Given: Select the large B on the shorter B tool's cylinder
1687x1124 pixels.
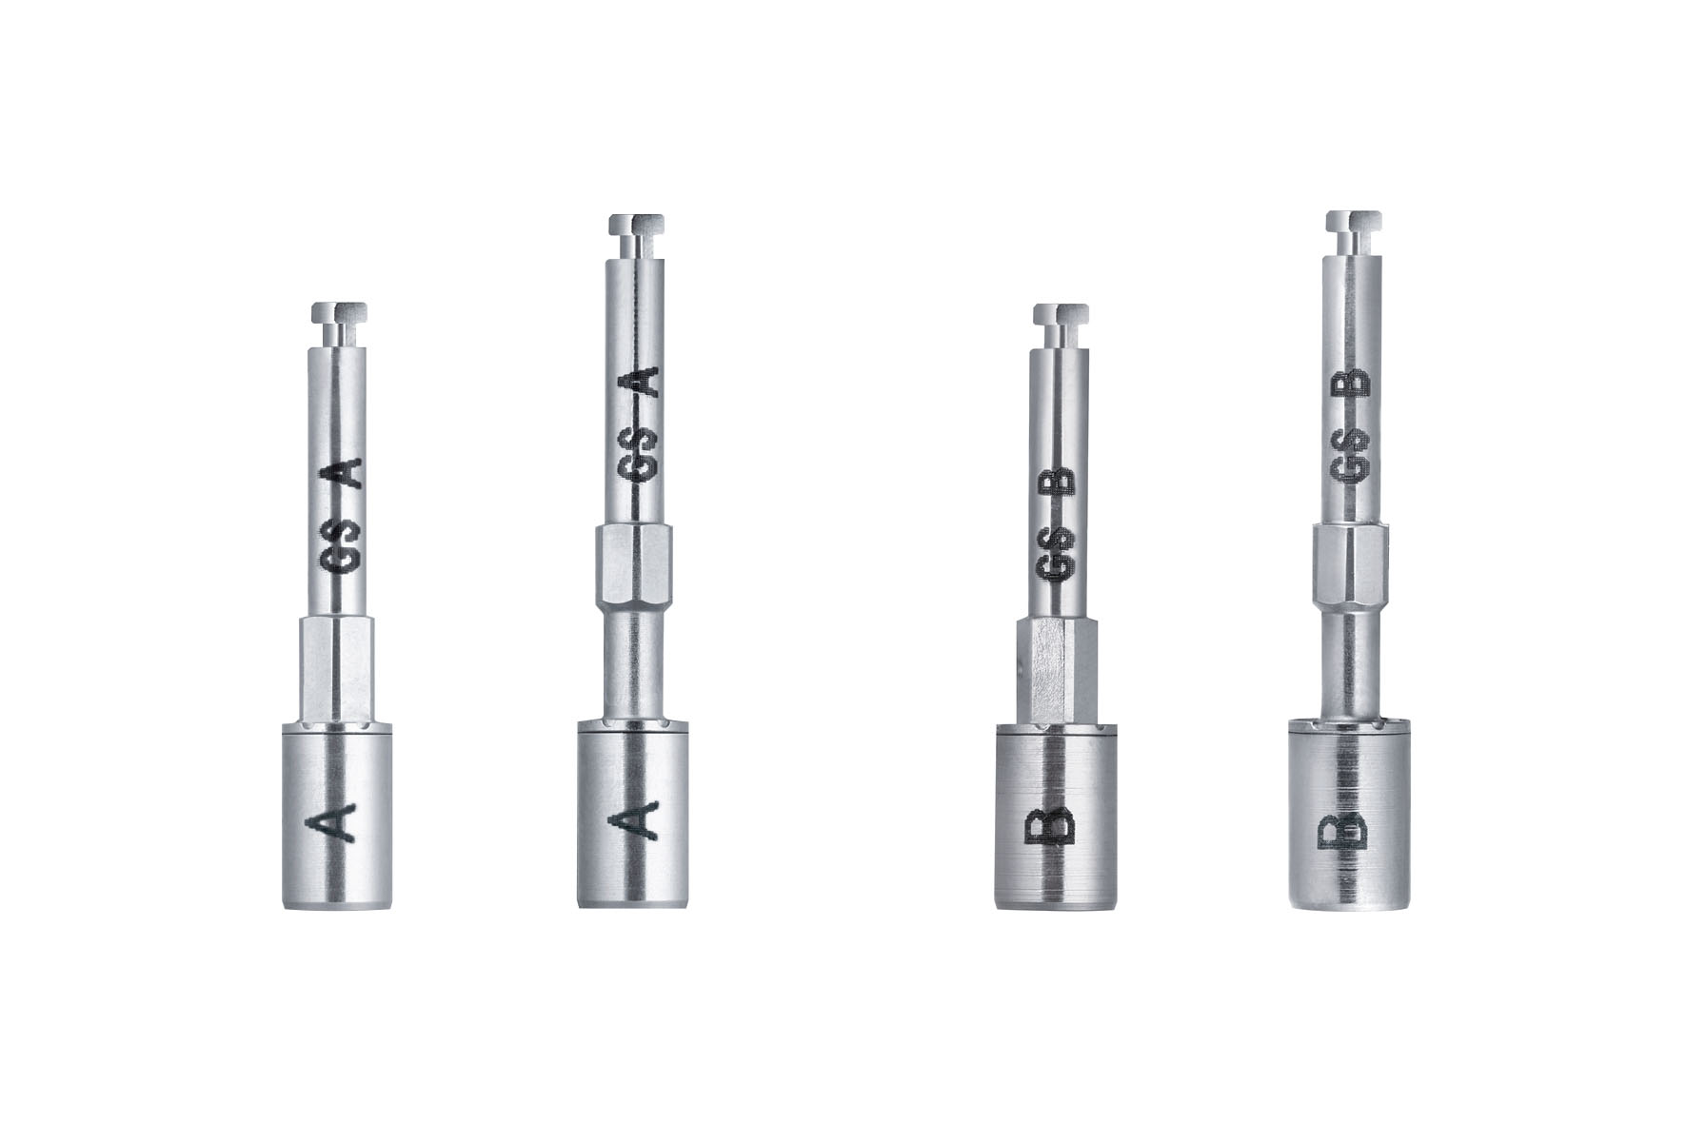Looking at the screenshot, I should click(1051, 825).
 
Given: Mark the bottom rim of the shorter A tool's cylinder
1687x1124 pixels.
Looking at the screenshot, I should click(337, 903).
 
